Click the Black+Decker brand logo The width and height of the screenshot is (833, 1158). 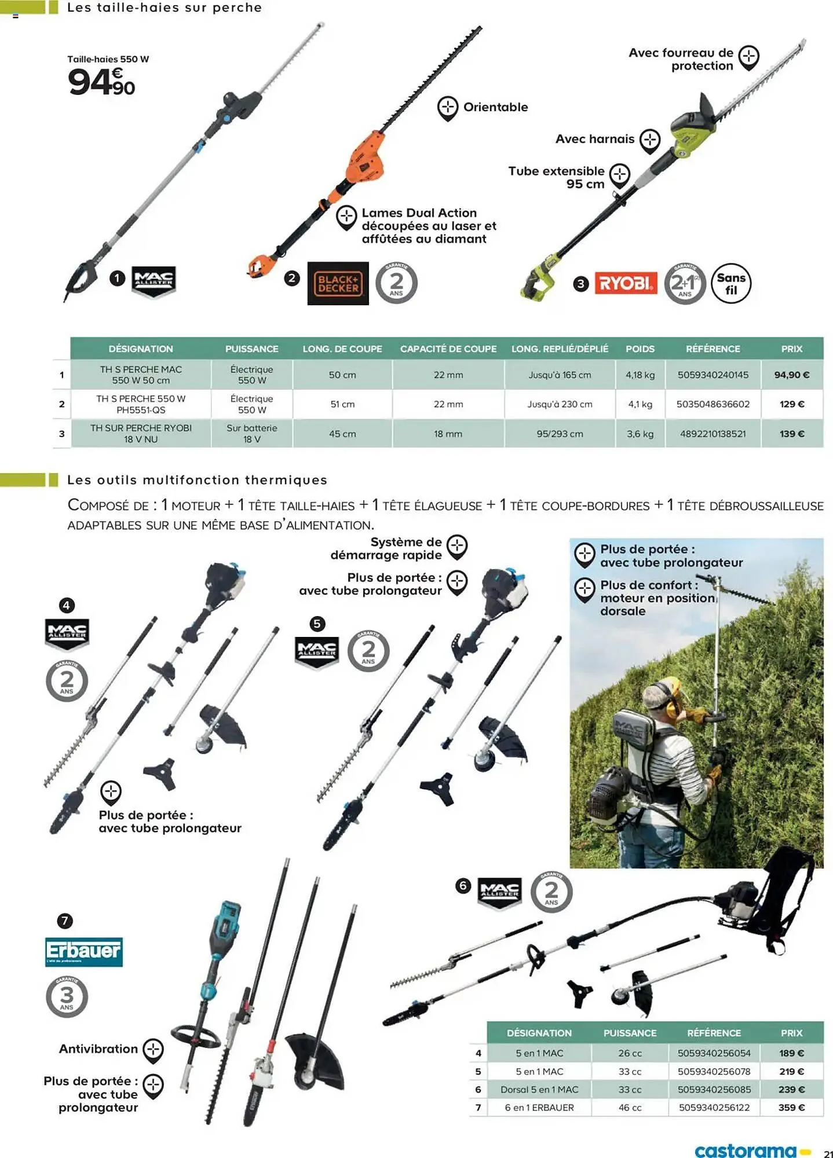click(x=338, y=283)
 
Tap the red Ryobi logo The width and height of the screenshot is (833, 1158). click(x=626, y=283)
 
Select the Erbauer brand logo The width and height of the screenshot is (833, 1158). click(x=84, y=951)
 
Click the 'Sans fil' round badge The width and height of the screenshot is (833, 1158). click(x=730, y=284)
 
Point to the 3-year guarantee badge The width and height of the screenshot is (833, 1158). click(x=67, y=996)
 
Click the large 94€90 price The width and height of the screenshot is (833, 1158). click(x=101, y=82)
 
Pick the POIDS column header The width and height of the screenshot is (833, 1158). click(x=640, y=349)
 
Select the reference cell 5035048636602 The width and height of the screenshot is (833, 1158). click(x=713, y=404)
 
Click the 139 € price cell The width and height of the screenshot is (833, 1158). click(x=791, y=434)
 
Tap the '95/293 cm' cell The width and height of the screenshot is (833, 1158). click(x=560, y=434)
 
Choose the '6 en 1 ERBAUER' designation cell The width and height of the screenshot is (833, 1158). click(x=539, y=1108)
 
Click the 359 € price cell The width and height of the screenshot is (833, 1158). click(x=791, y=1108)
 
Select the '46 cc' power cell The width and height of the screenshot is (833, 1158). click(x=630, y=1108)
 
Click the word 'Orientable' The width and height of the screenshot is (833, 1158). click(x=495, y=107)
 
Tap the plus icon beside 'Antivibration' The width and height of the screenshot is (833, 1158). click(x=153, y=1049)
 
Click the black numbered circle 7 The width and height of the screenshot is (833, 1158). click(x=65, y=921)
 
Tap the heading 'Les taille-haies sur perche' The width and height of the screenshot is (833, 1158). click(x=165, y=8)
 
